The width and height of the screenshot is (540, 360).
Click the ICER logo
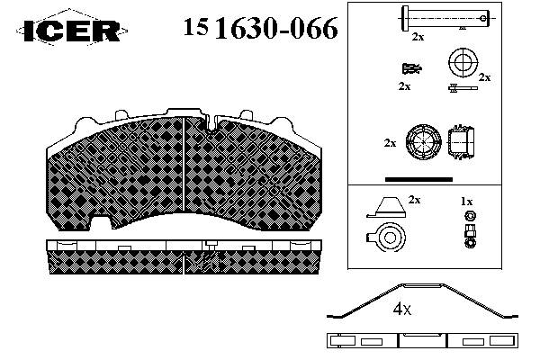click(72, 30)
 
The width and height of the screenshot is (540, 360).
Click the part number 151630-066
click(260, 28)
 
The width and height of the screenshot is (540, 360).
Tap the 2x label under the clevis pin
click(418, 37)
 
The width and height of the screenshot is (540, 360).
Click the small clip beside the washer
click(412, 68)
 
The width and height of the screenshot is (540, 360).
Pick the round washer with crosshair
click(463, 62)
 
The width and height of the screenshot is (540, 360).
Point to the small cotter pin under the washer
click(463, 88)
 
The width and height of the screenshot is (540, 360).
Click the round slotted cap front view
click(423, 142)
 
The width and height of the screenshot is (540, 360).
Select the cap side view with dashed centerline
click(461, 141)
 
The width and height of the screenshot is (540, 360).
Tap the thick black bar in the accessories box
click(418, 179)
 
